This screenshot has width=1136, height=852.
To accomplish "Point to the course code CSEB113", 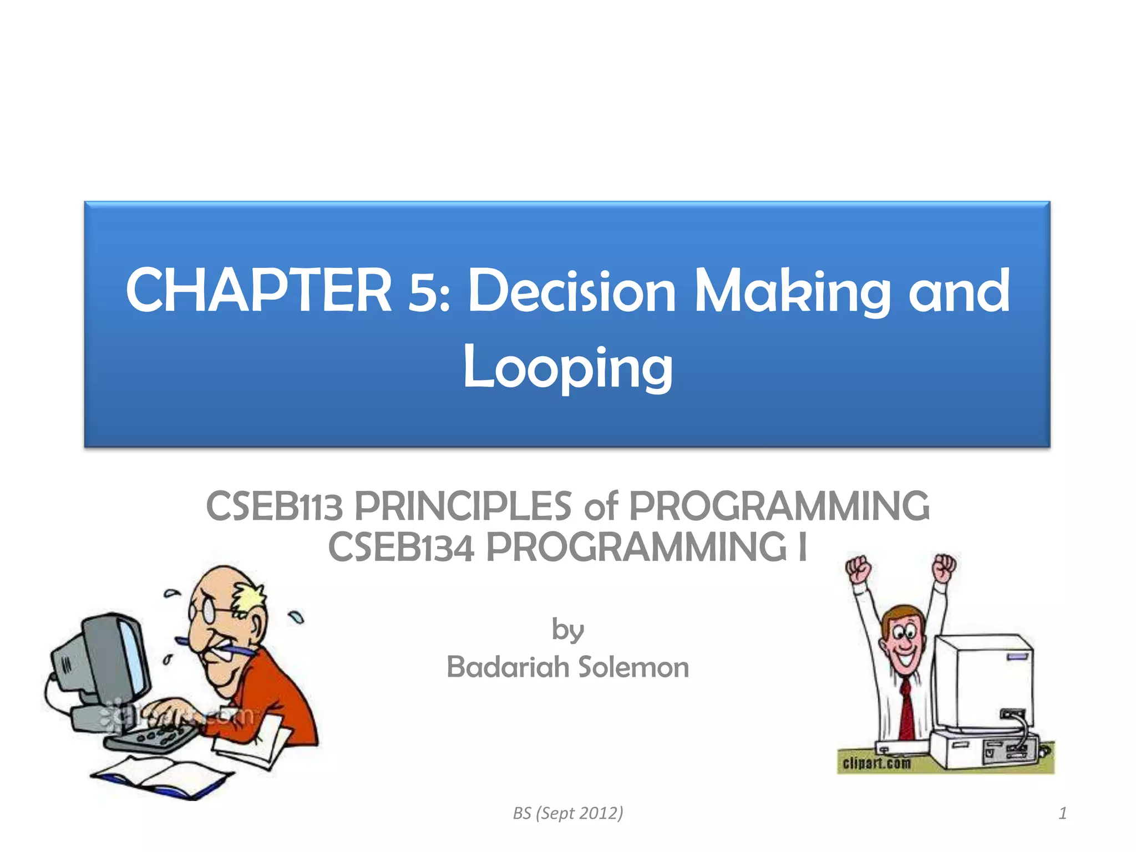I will (274, 506).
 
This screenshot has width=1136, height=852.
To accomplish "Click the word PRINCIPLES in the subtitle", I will (463, 506).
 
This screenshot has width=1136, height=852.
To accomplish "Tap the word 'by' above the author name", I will (568, 630).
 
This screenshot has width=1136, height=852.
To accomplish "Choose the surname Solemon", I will (633, 667).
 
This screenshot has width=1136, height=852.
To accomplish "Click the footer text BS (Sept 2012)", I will (568, 813).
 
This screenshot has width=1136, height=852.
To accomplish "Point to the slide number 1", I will (1062, 813).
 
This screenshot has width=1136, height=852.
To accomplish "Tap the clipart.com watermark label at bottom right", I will (876, 764).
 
